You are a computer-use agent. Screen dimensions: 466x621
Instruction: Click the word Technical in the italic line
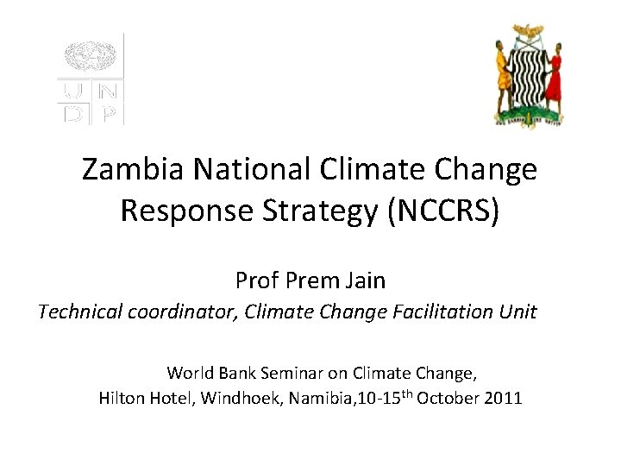click(81, 312)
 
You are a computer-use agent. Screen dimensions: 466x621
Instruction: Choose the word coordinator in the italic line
click(182, 312)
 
